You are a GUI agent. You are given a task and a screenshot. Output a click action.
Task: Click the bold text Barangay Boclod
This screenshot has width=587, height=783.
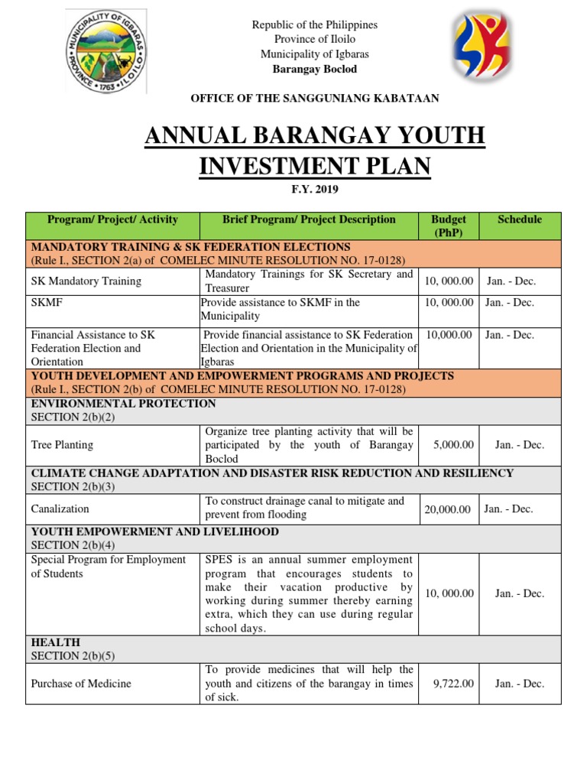pos(315,69)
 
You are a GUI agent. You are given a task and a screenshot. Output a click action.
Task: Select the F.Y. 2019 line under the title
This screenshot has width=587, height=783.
pos(315,189)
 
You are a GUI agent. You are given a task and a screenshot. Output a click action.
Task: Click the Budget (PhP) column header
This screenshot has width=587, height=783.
pos(449,226)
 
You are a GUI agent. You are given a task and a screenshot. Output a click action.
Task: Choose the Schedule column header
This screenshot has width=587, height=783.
pos(519,219)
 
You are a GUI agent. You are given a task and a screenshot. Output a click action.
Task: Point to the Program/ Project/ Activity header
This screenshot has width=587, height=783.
pos(112,219)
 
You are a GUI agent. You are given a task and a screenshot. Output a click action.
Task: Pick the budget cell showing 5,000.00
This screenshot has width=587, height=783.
pos(452,444)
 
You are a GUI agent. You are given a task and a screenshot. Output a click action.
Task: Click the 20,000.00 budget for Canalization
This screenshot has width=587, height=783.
pos(447,508)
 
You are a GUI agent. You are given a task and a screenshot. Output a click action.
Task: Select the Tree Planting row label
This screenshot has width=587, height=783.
pos(62,444)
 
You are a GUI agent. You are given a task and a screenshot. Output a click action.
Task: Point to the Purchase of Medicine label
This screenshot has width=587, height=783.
pos(80,684)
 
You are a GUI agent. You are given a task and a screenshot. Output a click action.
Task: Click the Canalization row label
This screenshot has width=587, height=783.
pos(60,508)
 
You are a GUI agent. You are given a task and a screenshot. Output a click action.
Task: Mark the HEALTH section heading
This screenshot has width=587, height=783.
pos(55,642)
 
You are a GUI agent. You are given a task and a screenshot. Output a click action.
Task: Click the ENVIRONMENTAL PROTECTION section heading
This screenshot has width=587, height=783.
pos(123,404)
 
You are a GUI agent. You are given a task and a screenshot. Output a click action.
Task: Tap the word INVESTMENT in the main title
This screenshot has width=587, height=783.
pos(314,165)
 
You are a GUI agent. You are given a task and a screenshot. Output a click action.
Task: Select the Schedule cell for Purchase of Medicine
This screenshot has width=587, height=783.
pos(519,684)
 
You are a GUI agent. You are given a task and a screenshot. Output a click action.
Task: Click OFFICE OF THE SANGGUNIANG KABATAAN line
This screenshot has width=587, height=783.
pos(315,98)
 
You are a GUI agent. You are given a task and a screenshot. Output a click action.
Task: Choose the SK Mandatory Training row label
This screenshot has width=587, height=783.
pos(86,281)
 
